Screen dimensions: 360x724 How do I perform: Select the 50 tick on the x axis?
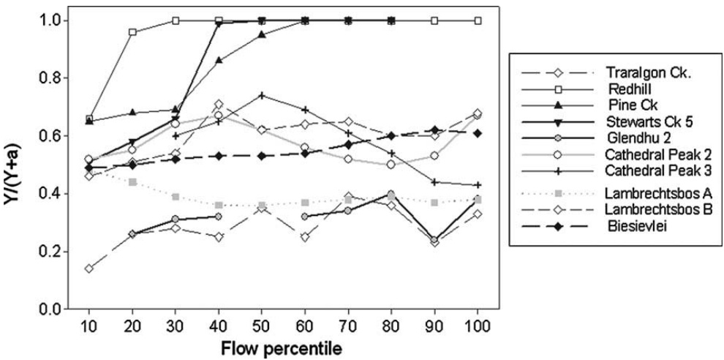tap(261, 323)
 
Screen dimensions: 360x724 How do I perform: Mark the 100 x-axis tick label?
tap(477, 323)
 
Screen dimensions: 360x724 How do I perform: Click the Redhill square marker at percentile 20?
tap(132, 32)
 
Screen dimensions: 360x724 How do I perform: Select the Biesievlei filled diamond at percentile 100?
tap(477, 133)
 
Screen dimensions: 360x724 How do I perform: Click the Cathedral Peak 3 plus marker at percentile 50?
tap(261, 96)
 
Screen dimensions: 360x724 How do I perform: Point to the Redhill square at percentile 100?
tap(477, 20)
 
